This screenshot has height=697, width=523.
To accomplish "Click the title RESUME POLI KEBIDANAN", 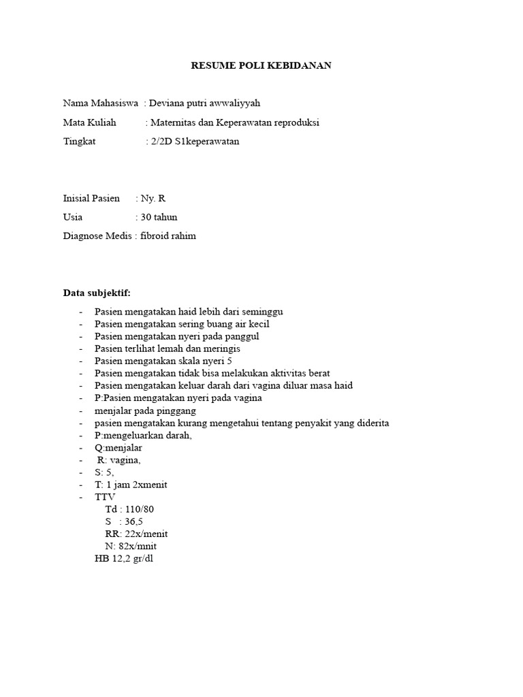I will pyautogui.click(x=261, y=65).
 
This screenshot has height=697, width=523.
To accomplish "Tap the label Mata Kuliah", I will pyautogui.click(x=89, y=123).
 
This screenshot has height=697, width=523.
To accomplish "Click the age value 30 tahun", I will pyautogui.click(x=159, y=217).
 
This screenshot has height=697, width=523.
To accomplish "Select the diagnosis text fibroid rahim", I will pyautogui.click(x=168, y=236).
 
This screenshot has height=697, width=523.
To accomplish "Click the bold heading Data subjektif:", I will pyautogui.click(x=97, y=293).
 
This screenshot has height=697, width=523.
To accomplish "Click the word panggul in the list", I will pyautogui.click(x=242, y=336).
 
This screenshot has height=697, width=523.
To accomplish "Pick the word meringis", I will pyautogui.click(x=222, y=348).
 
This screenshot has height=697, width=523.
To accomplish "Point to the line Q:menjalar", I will pyautogui.click(x=119, y=448).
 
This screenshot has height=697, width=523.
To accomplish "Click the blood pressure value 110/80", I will pyautogui.click(x=144, y=509).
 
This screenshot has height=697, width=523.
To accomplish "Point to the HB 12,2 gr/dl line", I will pyautogui.click(x=124, y=558).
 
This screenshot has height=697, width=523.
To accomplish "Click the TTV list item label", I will pyautogui.click(x=106, y=497).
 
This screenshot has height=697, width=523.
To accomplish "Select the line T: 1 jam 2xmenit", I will pyautogui.click(x=131, y=485).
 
